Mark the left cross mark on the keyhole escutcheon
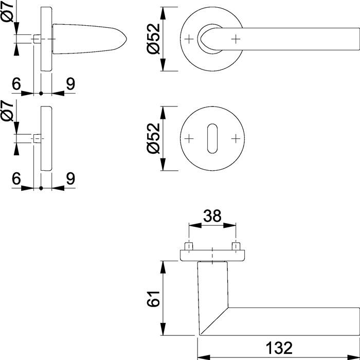point(189,138)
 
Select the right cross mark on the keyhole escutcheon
point(236,138)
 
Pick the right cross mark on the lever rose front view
point(236,39)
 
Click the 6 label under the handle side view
point(16,84)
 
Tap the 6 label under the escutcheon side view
point(16,178)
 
